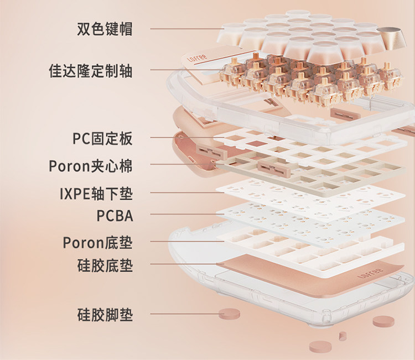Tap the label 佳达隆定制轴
pos(91,71)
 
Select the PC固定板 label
pos(102,138)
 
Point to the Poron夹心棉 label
pos(91,165)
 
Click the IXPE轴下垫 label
pos(96,194)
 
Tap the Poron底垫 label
pos(97,242)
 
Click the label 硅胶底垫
pos(105,265)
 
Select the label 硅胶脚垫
pos(105,316)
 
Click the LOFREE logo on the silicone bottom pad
pos(366,273)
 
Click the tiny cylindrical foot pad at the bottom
pos(343,335)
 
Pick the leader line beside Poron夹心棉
pos(183,164)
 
